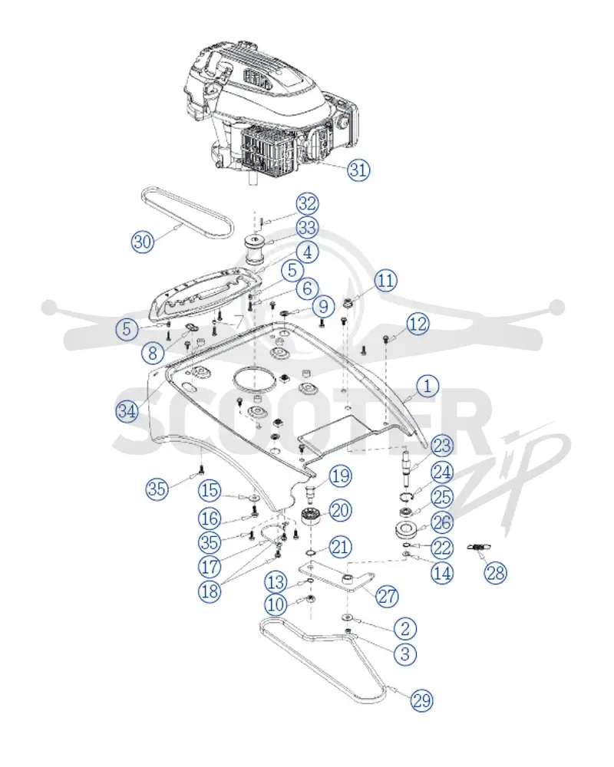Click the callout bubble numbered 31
click(x=358, y=170)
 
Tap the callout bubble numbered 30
click(x=143, y=241)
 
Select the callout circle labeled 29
click(x=421, y=700)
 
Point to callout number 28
click(x=495, y=572)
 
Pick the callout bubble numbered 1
click(x=427, y=386)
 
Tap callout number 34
click(x=127, y=411)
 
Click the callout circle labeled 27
click(x=387, y=596)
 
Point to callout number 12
click(x=418, y=324)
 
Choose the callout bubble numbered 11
click(x=386, y=281)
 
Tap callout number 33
click(x=308, y=228)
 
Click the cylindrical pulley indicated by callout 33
click(x=255, y=249)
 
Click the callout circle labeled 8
click(x=153, y=351)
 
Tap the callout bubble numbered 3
click(x=405, y=653)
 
